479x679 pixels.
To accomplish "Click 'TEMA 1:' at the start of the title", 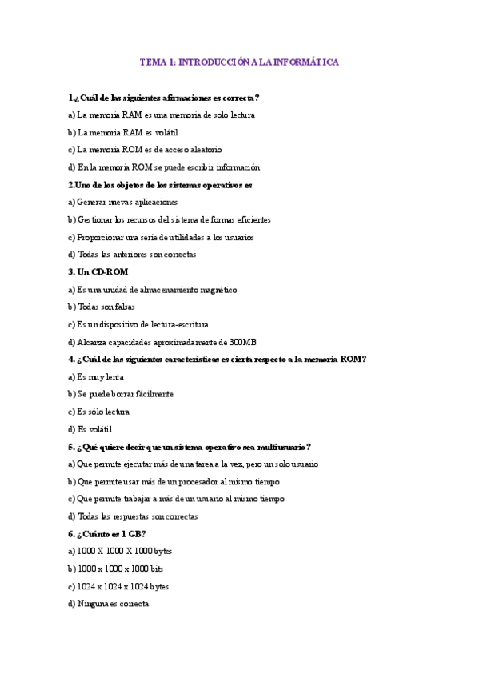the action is click(158, 61).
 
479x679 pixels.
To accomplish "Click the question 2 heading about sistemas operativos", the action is click(160, 185).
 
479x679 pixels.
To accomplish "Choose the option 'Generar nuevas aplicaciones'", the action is click(123, 203).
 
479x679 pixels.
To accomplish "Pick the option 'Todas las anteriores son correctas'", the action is click(132, 255).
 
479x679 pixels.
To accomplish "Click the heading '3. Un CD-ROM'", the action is click(98, 272).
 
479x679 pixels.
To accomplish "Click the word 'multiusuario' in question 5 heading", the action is click(281, 447).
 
